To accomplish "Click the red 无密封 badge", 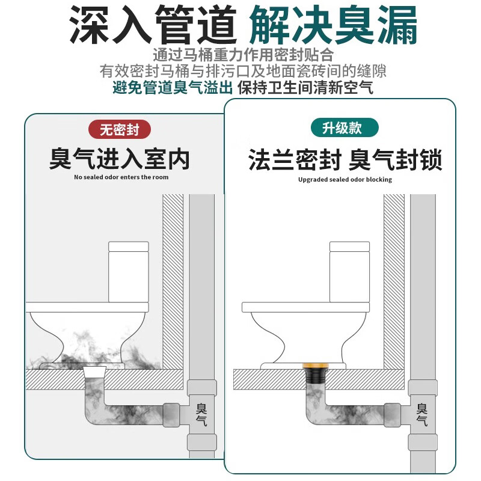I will pos(120,129).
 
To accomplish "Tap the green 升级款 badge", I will pos(344,127).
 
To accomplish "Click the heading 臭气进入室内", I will pos(120,159).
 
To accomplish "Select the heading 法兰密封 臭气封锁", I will pos(345,161).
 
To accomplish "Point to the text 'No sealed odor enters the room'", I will pos(121,177).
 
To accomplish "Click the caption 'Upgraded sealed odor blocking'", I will pos(345,179).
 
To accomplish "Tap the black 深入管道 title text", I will pos(151,25).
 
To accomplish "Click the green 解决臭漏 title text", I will pos(332,25).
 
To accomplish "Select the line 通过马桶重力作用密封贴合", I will pos(243,54).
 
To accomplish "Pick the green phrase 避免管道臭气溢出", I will pos(173,88).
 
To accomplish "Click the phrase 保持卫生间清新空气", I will pos(305,88).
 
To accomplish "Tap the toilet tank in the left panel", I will pos(128,270).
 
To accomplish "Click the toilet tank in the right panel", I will pos(349,271).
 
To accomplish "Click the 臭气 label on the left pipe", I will pos(201,414).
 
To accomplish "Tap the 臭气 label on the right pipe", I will pos(422,414).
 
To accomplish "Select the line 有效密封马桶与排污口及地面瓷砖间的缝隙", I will pos(243,71).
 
